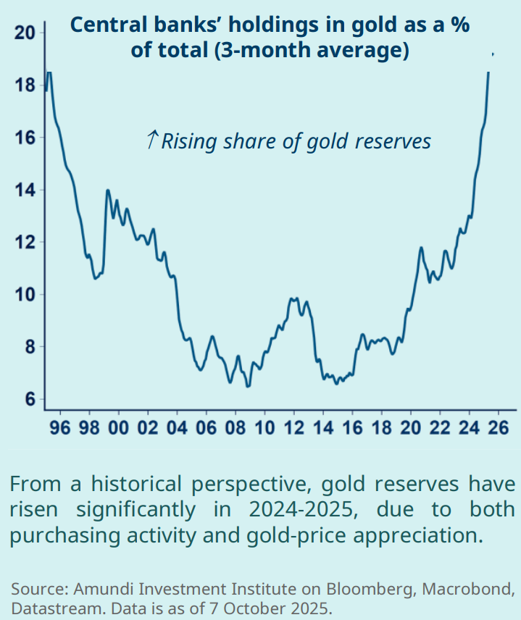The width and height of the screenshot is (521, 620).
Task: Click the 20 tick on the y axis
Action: [23, 33]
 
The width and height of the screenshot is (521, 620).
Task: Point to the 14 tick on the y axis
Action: [23, 190]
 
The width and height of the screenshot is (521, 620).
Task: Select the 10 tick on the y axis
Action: [23, 294]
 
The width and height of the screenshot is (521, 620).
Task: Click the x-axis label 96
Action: [61, 428]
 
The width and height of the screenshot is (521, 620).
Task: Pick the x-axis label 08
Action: [236, 428]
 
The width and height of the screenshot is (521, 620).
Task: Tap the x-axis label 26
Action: [498, 428]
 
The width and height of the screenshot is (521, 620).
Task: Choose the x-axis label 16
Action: [351, 428]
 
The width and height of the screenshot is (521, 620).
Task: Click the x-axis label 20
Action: [410, 428]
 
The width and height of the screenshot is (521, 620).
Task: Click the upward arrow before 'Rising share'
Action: [151, 140]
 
